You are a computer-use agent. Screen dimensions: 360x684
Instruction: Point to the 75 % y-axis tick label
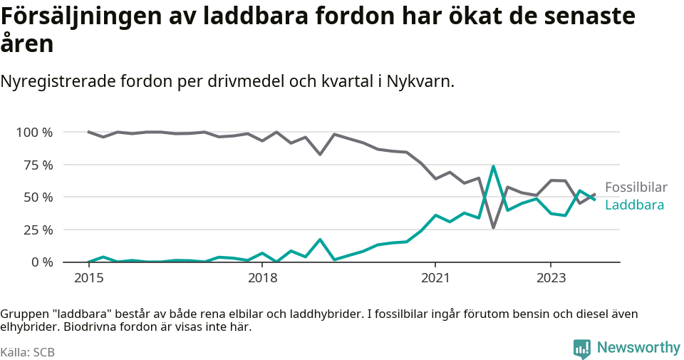click(38, 165)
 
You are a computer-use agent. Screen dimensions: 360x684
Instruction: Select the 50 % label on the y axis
click(38, 197)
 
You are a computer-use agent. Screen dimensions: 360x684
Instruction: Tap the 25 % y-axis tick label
click(38, 230)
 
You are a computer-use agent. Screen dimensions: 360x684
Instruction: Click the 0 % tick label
click(41, 262)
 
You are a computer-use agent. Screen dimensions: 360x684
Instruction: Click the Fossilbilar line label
click(636, 187)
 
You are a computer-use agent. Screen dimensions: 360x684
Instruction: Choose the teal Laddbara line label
click(634, 205)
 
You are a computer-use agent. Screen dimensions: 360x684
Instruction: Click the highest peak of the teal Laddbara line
click(493, 166)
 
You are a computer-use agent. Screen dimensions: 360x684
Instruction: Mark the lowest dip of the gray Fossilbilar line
click(493, 227)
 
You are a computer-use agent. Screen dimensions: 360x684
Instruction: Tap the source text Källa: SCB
click(28, 352)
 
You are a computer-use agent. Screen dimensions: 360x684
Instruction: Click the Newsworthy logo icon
click(582, 349)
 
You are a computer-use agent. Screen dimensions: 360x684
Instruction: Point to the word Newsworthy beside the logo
click(638, 348)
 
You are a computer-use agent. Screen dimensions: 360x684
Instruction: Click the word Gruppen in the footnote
click(22, 314)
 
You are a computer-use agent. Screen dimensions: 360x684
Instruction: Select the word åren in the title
click(26, 44)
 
